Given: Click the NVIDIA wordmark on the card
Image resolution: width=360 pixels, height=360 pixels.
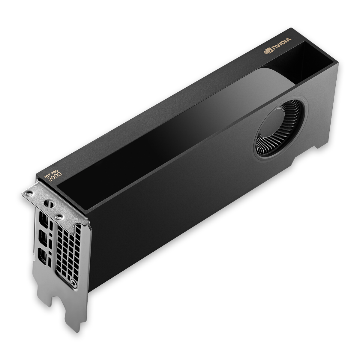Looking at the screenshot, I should pyautogui.click(x=282, y=43).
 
